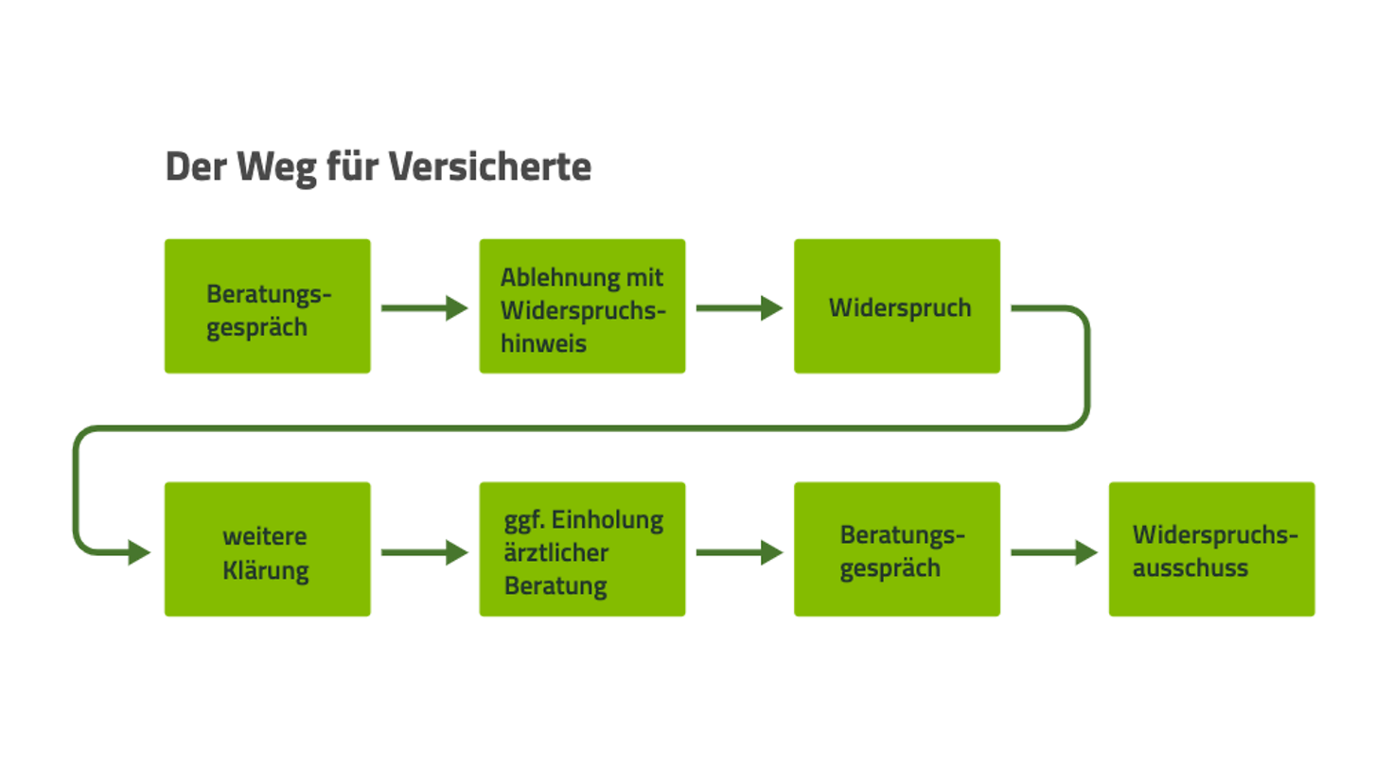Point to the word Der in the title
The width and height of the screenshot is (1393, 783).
point(196,167)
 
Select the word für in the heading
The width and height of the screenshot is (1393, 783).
point(351,167)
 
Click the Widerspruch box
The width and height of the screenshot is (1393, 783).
point(896,306)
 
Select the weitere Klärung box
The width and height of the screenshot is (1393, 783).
point(267,549)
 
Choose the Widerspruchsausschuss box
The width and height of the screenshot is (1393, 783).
point(1211,549)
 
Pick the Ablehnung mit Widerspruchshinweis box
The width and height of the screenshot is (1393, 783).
point(582,306)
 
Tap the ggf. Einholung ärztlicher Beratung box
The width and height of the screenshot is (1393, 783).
point(582,549)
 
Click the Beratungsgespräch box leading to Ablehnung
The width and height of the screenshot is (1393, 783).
point(267,306)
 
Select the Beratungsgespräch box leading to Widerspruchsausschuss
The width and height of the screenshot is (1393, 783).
point(896,549)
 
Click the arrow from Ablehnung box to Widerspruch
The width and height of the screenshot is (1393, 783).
point(739,307)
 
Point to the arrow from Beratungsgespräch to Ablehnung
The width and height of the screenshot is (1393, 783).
point(424,307)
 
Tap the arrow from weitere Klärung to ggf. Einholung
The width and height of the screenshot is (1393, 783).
point(424,552)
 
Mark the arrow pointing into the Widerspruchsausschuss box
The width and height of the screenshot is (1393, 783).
point(1053,552)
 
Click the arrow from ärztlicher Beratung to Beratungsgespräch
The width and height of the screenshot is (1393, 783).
point(739,552)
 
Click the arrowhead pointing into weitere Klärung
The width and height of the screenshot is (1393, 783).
point(138,552)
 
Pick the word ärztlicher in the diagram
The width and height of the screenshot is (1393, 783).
point(555,553)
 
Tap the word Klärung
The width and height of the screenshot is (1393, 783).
point(266,571)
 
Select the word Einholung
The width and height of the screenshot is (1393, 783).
point(608,520)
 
